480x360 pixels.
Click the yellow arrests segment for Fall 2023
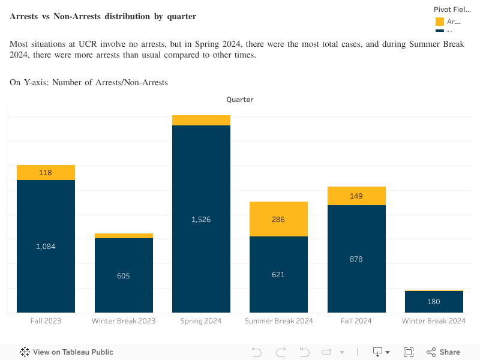pyautogui.click(x=46, y=172)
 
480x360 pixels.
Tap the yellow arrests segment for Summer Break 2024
pyautogui.click(x=278, y=219)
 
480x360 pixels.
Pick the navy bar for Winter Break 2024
pyautogui.click(x=434, y=302)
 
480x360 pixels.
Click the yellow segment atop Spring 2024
pyautogui.click(x=201, y=120)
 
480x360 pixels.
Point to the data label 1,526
pyautogui.click(x=201, y=220)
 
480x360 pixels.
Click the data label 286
pyautogui.click(x=278, y=220)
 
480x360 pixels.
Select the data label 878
pyautogui.click(x=356, y=259)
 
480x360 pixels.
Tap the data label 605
pyautogui.click(x=124, y=276)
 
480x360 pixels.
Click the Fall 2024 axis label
pyautogui.click(x=356, y=321)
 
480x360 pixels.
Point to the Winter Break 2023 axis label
pyautogui.click(x=124, y=321)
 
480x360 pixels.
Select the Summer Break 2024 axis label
pyautogui.click(x=278, y=321)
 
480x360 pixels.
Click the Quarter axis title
pyautogui.click(x=239, y=100)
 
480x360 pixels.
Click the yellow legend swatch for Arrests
pyautogui.click(x=440, y=22)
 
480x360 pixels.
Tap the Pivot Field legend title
pyautogui.click(x=453, y=10)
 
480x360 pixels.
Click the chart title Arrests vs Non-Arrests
pyautogui.click(x=103, y=16)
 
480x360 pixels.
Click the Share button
pyautogui.click(x=443, y=352)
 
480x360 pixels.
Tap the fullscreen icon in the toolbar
pyautogui.click(x=409, y=352)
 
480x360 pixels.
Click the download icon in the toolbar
pyautogui.click(x=378, y=352)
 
